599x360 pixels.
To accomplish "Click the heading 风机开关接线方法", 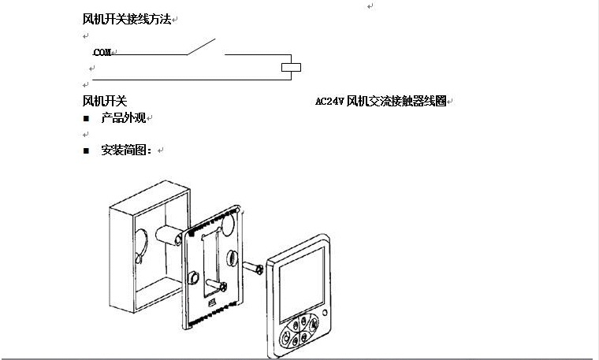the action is tap(127, 18).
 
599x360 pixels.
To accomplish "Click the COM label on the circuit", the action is tap(102, 53).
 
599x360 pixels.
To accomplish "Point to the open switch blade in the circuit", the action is tap(202, 46).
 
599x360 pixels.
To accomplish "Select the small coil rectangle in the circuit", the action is tap(292, 67).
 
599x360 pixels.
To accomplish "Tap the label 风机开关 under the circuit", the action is tap(105, 101).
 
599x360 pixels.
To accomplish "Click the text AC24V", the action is tap(329, 102).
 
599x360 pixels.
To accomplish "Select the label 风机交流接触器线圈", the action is tap(396, 102).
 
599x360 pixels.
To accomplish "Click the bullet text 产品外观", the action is tap(124, 118).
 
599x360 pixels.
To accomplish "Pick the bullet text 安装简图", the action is tap(126, 150).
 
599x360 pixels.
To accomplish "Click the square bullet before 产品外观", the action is tap(87, 119).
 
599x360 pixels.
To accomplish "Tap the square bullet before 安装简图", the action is tap(87, 150).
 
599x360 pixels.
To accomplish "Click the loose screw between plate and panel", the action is tap(254, 270).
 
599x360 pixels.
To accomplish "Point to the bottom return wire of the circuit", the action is tap(189, 80).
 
